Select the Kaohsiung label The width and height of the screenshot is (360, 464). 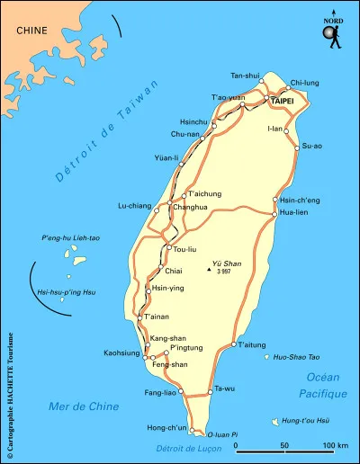[122, 352]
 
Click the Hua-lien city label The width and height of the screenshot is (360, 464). [295, 213]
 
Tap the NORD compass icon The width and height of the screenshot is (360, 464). [334, 33]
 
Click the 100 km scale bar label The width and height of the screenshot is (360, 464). [335, 446]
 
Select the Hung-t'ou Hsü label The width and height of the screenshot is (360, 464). [305, 421]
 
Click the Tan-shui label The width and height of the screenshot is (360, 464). [245, 76]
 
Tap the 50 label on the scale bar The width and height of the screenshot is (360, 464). [284, 446]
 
